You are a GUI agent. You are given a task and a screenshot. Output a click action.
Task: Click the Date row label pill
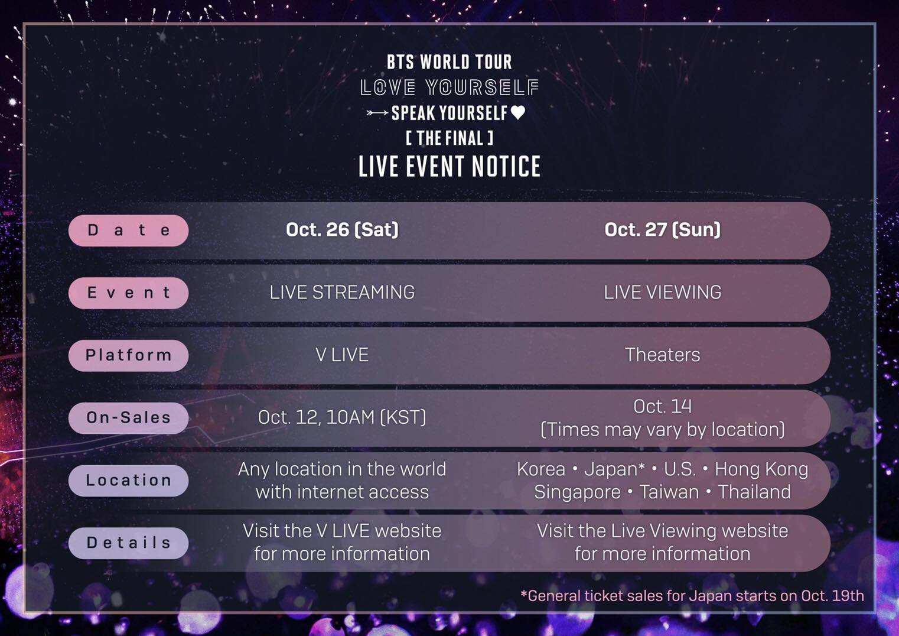(x=128, y=231)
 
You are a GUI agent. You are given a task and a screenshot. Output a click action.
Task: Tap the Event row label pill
(x=128, y=293)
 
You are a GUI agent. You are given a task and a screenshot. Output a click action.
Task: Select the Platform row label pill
(x=128, y=356)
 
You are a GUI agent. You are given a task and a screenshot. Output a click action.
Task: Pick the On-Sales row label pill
(x=128, y=418)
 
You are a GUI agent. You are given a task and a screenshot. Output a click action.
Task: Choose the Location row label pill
(x=128, y=481)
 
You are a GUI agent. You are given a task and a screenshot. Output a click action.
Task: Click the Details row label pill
(x=128, y=543)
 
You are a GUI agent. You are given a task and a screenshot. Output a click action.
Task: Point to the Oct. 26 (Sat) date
(x=343, y=230)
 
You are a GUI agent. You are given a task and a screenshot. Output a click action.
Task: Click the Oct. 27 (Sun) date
(x=663, y=230)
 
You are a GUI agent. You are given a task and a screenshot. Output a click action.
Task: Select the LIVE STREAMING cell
(x=343, y=293)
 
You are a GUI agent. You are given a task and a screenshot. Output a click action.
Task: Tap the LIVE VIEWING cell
(x=663, y=293)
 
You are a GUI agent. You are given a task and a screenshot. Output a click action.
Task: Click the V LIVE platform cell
(x=343, y=355)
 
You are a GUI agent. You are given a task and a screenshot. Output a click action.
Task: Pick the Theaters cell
(x=663, y=355)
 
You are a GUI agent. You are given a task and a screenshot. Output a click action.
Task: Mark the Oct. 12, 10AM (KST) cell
(x=343, y=417)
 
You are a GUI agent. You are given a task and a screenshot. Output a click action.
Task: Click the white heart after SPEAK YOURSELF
(x=518, y=112)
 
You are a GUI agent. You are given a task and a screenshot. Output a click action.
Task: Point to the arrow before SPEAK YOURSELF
(x=377, y=113)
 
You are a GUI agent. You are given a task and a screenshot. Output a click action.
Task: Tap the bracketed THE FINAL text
(x=449, y=138)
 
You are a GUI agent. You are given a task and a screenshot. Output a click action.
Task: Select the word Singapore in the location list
(x=578, y=492)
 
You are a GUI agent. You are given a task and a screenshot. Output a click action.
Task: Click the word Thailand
(x=754, y=492)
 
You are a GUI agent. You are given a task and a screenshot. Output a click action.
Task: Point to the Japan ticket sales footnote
(x=692, y=596)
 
